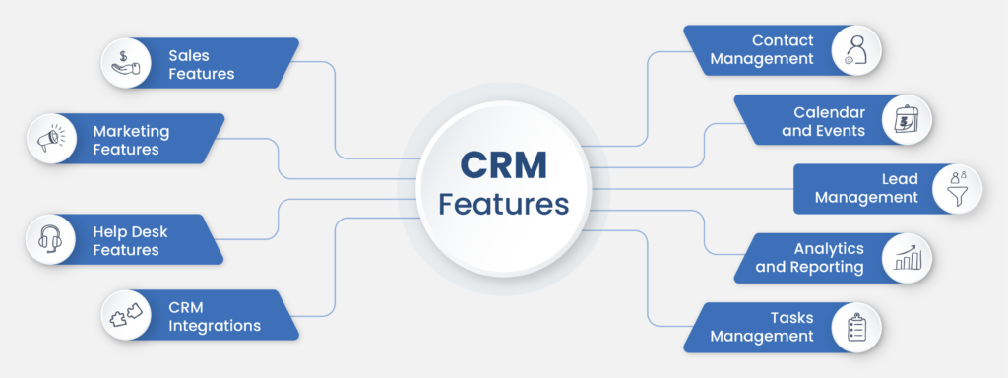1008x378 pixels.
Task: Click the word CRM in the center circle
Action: click(503, 166)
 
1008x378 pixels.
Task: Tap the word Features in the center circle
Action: click(503, 205)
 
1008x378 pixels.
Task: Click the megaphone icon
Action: click(53, 139)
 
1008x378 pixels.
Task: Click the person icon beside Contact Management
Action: click(854, 49)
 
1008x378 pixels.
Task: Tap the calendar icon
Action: click(905, 119)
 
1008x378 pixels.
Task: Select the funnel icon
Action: click(954, 188)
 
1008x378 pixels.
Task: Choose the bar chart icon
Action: click(905, 257)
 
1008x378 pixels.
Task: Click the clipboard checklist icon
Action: click(854, 327)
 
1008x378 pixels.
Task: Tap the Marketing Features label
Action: click(131, 139)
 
